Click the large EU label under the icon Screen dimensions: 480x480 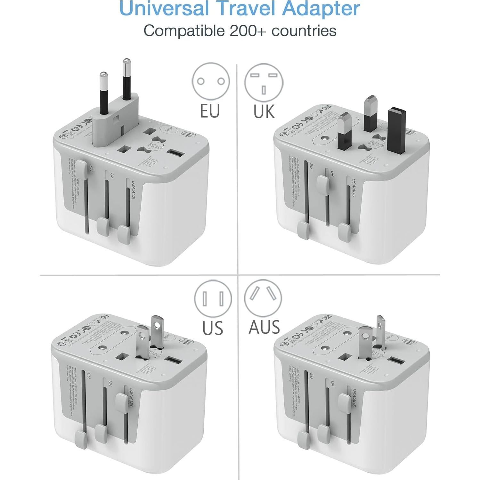210,111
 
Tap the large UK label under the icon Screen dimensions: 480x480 264,111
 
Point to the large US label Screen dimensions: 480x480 213,328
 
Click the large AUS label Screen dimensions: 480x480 264,327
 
